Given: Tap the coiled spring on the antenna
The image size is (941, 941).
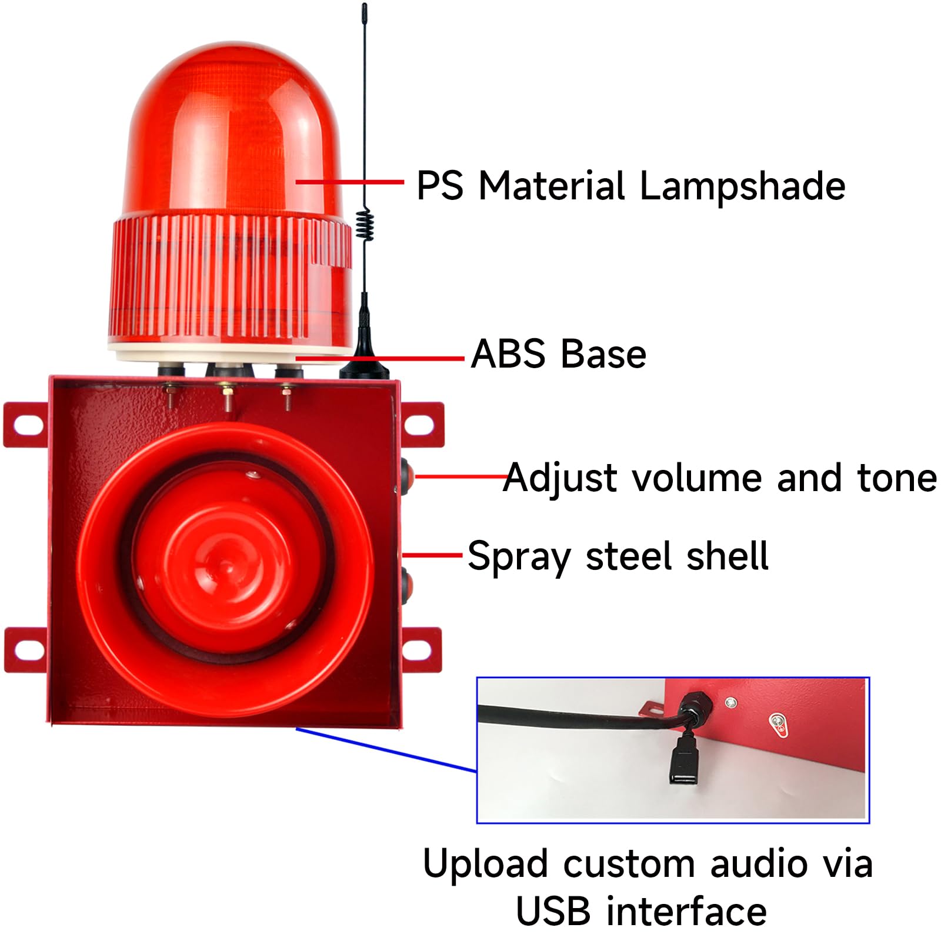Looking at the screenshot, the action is click(365, 224).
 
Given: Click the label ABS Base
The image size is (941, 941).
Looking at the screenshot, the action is click(559, 354).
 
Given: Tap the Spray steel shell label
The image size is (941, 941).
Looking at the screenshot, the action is click(618, 556).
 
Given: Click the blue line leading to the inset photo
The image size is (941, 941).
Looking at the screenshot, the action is click(385, 749).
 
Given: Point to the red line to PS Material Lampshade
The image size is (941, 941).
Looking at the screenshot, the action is click(349, 182).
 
